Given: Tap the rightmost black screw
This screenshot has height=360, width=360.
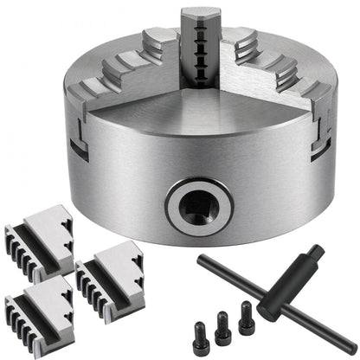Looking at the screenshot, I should (x=246, y=311).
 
